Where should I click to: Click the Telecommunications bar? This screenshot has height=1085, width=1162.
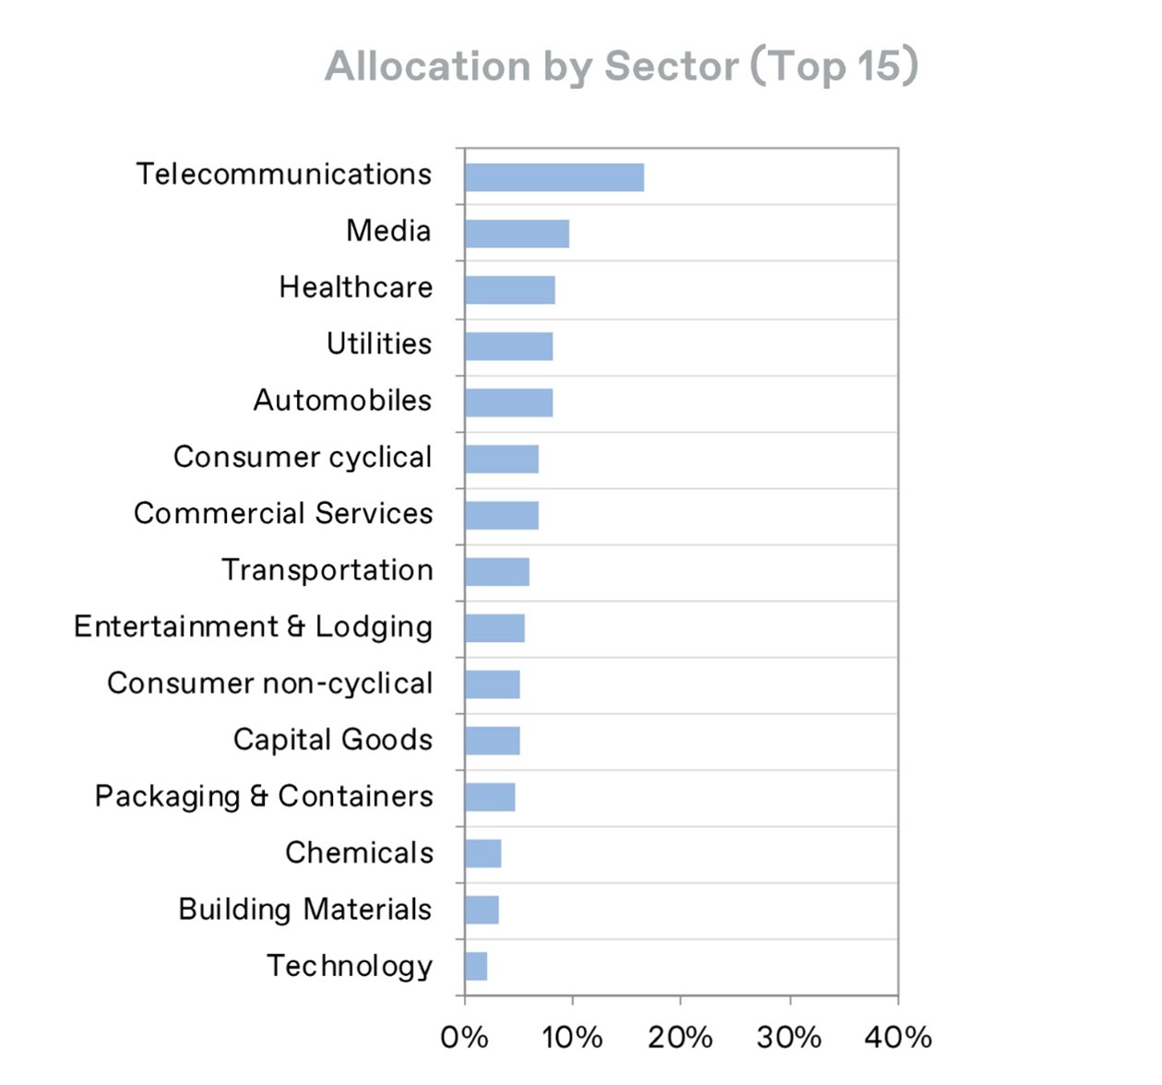tap(554, 177)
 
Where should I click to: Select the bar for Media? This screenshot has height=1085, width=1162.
tap(516, 233)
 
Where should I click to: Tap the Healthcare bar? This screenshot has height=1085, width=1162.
tap(510, 290)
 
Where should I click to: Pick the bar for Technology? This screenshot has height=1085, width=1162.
tap(476, 966)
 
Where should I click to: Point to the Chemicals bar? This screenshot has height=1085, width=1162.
tap(483, 853)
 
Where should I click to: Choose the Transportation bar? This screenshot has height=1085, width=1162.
tap(497, 572)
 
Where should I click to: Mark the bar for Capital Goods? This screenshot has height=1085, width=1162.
tap(492, 741)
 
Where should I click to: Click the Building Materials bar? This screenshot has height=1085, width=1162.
tap(481, 910)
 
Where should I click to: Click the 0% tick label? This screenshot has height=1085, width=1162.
tap(464, 1037)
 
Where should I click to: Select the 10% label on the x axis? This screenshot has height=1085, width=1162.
tap(572, 1037)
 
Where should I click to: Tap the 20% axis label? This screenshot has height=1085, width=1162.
tap(680, 1037)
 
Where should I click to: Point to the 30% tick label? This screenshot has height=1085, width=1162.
tap(788, 1037)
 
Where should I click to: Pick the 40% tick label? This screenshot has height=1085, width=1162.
tap(897, 1037)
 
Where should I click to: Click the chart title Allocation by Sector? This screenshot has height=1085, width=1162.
tap(622, 66)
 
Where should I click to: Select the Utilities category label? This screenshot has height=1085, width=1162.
tap(379, 344)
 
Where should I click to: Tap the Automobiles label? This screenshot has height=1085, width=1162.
tap(342, 400)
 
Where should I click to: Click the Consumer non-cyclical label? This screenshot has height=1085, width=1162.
tap(269, 684)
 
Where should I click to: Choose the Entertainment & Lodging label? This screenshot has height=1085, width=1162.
tap(253, 627)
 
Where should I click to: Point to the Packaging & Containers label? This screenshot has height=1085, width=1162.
tap(264, 796)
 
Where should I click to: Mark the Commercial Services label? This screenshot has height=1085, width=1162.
tap(283, 514)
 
